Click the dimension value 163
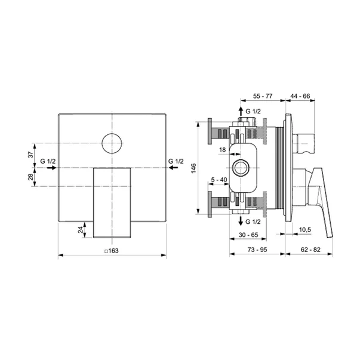click(113, 251)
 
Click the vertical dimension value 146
click(193, 170)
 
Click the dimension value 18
click(223, 150)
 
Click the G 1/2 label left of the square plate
click(48, 161)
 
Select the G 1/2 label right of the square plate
click(177, 161)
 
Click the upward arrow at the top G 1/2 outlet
click(239, 112)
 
